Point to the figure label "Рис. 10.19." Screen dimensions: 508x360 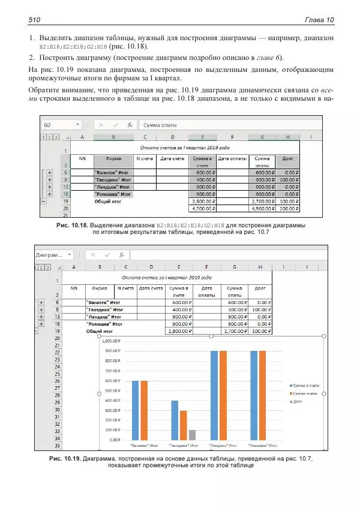pos(65,458)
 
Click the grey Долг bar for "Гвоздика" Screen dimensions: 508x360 pos(192,435)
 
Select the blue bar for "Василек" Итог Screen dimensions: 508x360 pos(135,410)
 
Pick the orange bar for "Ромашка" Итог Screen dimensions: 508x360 pos(262,395)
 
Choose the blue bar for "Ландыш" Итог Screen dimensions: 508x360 pos(214,395)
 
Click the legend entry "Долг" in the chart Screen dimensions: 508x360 pos(298,401)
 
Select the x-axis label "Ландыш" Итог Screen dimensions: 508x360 pos(223,446)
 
